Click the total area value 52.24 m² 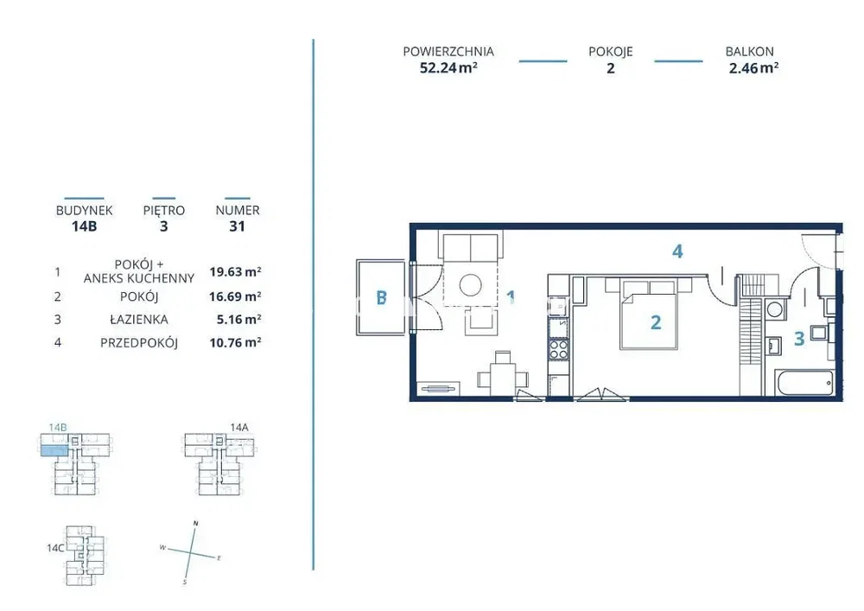(x=448, y=67)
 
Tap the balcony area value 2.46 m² (x=753, y=67)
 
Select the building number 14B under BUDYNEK (x=85, y=226)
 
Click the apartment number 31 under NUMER (x=237, y=226)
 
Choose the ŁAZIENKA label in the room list (x=139, y=320)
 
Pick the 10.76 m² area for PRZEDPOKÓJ (x=235, y=343)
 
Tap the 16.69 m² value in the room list (x=235, y=296)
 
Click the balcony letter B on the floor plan (x=381, y=297)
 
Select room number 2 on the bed (x=656, y=322)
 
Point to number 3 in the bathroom (x=799, y=338)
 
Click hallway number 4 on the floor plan (x=677, y=251)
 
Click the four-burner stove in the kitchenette (x=559, y=349)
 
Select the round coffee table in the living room (x=471, y=285)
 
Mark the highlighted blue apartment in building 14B (x=54, y=450)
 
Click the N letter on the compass (x=195, y=523)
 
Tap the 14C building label (x=55, y=548)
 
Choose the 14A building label (x=239, y=427)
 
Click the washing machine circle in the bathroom (x=775, y=309)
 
